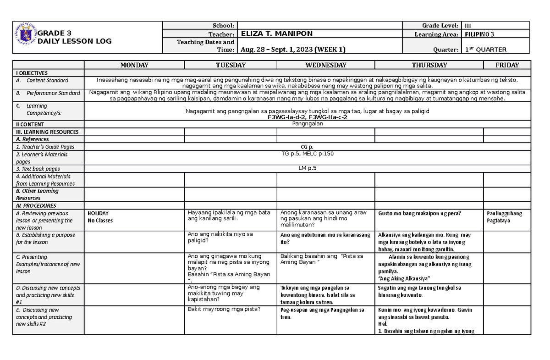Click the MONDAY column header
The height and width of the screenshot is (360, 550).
pos(134,65)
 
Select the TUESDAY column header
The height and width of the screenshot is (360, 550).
pos(230,65)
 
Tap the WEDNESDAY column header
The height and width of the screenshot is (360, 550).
pos(325,65)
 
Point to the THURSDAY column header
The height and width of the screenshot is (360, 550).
pos(429,65)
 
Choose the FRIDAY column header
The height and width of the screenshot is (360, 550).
pos(507,65)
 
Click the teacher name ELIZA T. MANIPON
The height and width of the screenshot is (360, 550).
pos(271,34)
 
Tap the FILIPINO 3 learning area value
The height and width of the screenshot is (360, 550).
pos(479,34)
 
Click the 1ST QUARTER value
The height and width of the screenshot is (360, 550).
pos(485,50)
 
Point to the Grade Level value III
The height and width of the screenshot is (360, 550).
pos(468,26)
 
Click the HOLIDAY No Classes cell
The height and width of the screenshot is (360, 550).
pos(100,217)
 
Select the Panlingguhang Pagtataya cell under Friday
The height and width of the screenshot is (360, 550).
pos(505,217)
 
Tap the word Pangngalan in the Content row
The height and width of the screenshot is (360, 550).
pos(308,124)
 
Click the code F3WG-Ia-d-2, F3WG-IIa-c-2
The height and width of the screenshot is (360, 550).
pos(307,117)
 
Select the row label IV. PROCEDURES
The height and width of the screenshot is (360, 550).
pos(36,206)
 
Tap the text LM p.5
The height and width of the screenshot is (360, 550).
pos(307,168)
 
